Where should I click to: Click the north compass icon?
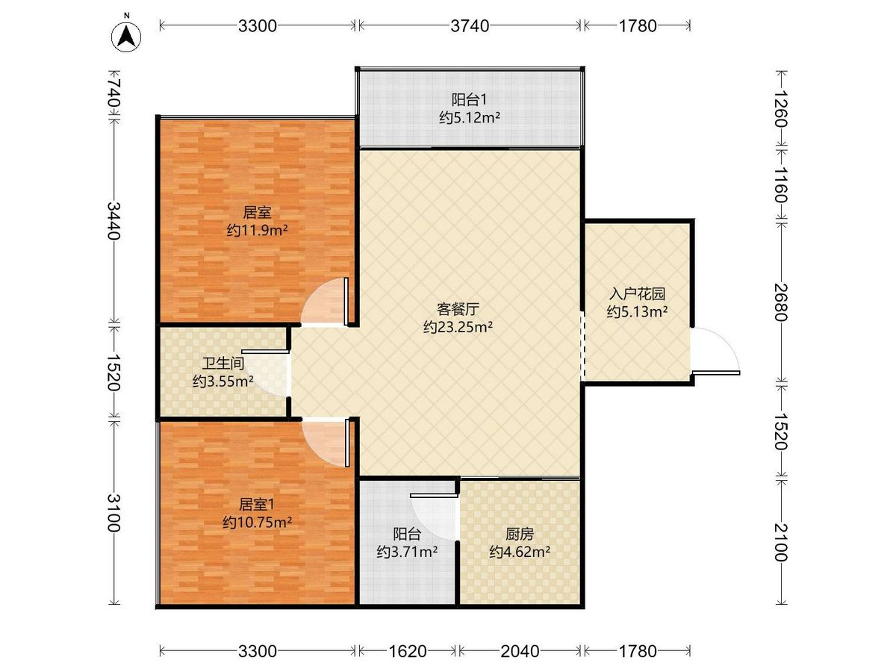[128, 34]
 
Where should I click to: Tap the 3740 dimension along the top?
[469, 26]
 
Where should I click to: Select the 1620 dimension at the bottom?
[407, 651]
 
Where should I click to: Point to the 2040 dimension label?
[520, 651]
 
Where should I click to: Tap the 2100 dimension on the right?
[781, 541]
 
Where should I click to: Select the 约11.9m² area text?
[257, 231]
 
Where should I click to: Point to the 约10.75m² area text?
[257, 523]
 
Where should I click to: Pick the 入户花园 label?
[635, 294]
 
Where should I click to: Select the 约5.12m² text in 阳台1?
[469, 117]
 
